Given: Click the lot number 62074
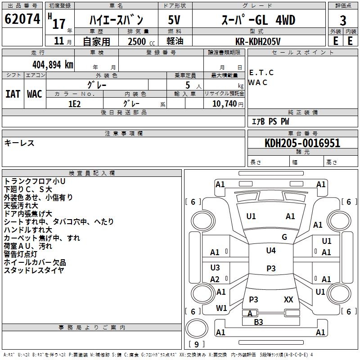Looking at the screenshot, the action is [22, 19].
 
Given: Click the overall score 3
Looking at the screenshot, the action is [343, 20].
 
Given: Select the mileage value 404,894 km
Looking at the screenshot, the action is [53, 64].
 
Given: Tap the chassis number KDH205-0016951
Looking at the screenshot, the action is [302, 143].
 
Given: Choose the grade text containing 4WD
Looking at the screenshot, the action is [258, 20].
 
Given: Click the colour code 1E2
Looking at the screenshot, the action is [74, 103].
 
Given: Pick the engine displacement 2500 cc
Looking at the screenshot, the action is [138, 41].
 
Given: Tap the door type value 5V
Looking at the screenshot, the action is [174, 20].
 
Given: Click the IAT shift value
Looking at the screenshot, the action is [13, 94].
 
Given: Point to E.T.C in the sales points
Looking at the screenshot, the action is [261, 72].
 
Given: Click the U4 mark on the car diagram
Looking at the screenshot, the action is [270, 250].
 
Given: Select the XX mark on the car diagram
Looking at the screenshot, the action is [288, 299].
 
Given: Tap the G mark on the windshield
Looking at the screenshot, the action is [284, 237].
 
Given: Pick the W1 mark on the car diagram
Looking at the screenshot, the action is [221, 308].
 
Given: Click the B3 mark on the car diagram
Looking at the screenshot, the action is [258, 322].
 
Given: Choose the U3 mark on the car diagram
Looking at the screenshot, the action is [215, 268].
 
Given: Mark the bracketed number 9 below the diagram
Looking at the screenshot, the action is [196, 344].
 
